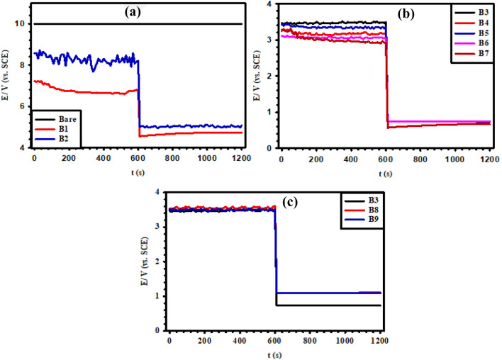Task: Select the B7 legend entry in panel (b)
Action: (479, 53)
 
